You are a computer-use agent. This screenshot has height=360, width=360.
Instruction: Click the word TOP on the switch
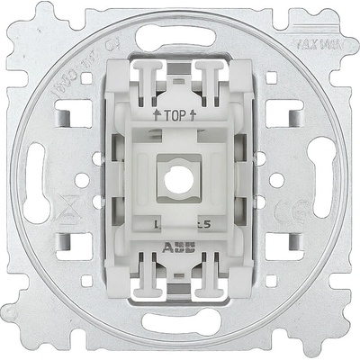click(180, 114)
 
